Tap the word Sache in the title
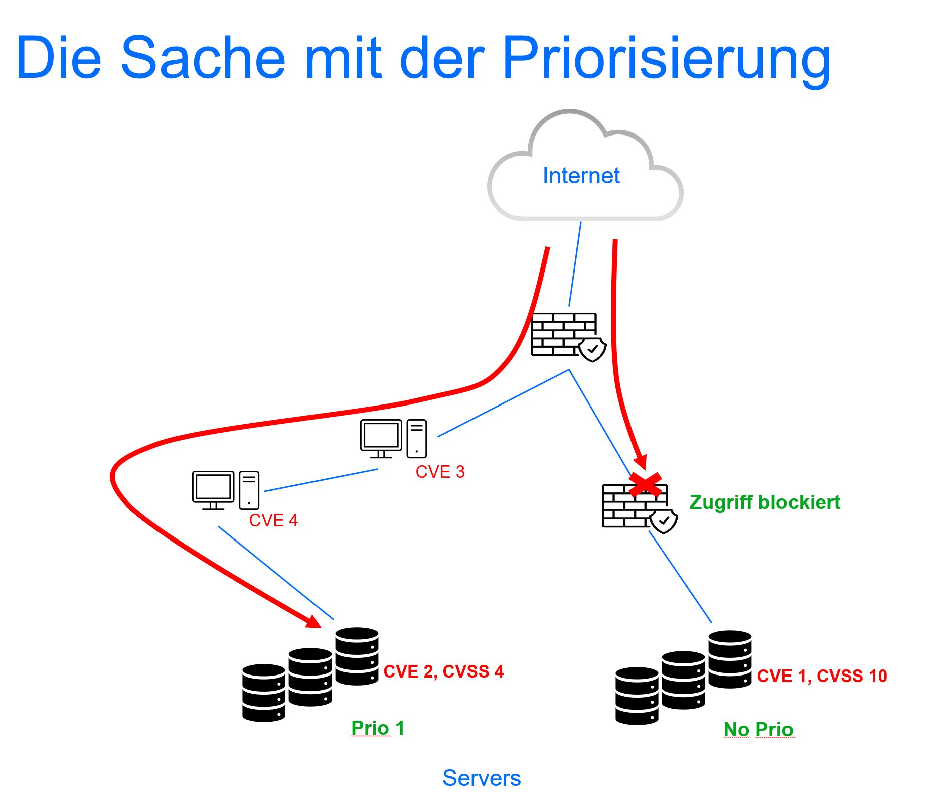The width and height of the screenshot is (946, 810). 203,58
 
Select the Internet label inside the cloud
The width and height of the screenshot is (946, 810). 581,176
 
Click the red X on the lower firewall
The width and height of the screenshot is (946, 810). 645,485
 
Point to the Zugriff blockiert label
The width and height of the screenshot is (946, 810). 764,502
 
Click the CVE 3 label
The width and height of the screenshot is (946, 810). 440,472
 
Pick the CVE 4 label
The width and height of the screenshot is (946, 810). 273,520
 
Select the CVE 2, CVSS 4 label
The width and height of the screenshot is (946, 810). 443,671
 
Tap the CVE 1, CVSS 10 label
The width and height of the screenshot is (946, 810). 822,676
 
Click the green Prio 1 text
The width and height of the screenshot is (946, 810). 377,728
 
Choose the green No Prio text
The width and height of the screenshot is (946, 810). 758,729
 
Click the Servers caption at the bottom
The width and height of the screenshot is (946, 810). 482,778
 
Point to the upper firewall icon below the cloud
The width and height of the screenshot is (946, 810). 564,334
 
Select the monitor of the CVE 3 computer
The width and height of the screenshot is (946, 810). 381,435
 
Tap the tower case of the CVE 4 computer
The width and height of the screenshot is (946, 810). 249,490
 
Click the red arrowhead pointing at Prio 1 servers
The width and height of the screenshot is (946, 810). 314,622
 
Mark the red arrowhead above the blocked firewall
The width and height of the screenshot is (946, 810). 640,461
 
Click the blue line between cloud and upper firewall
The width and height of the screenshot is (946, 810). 575,264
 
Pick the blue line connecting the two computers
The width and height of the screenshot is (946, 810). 321,480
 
